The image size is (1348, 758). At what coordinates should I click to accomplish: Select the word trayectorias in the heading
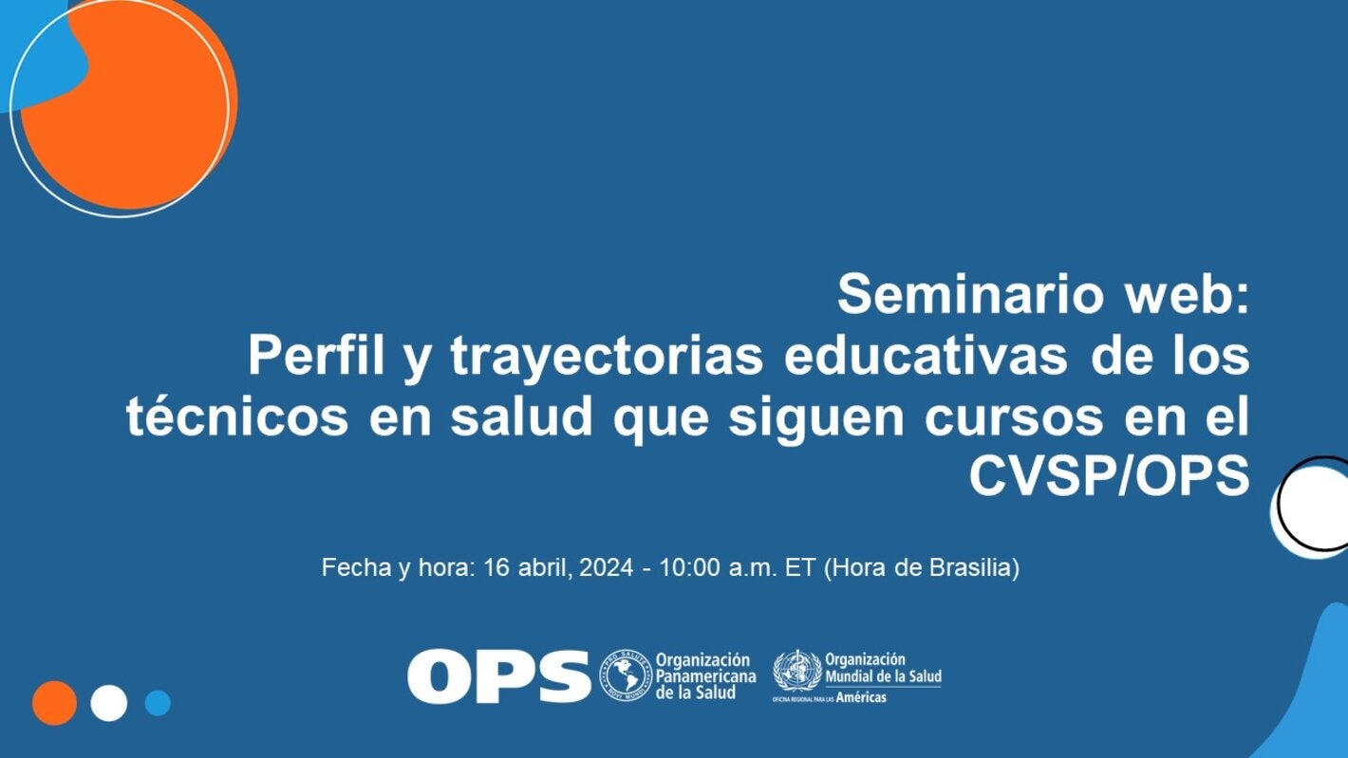[607, 357]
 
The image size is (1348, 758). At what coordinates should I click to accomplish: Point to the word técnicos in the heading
[236, 418]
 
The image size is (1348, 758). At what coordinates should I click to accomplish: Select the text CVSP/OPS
[1109, 478]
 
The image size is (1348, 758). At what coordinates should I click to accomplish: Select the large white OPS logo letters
[499, 675]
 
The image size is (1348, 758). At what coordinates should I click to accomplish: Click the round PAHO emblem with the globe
[623, 675]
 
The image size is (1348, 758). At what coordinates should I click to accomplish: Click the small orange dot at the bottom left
[54, 703]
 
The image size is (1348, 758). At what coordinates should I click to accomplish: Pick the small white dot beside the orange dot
[108, 703]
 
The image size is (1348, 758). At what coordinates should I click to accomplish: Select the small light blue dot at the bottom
[158, 703]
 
